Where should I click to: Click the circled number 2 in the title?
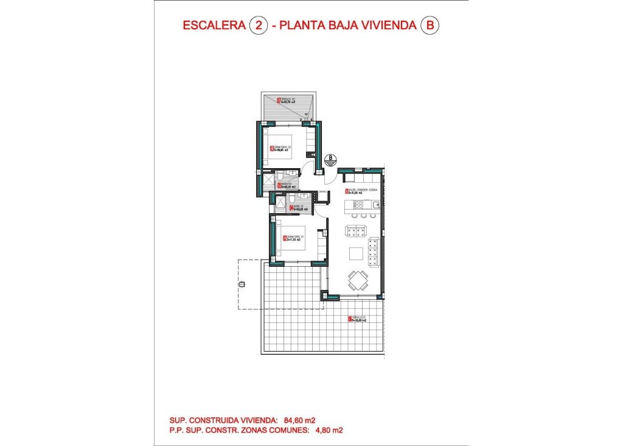click(260, 26)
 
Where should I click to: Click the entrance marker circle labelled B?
click(331, 158)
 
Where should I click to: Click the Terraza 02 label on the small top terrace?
click(286, 101)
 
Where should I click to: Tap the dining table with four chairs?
click(357, 281)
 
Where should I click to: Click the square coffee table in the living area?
click(356, 254)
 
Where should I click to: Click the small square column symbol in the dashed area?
click(242, 285)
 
